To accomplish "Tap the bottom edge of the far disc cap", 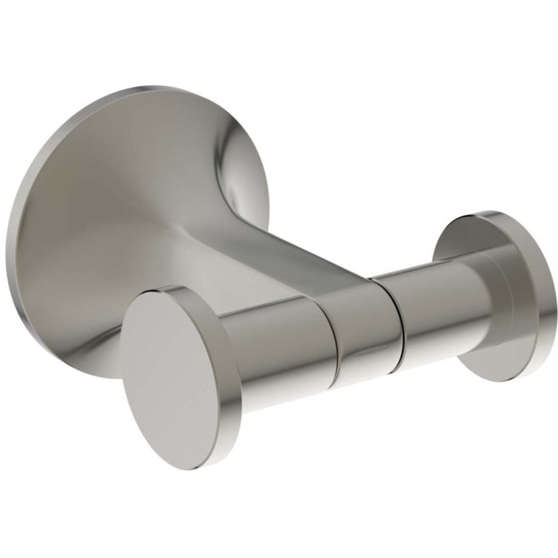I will pyautogui.click(x=510, y=379).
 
